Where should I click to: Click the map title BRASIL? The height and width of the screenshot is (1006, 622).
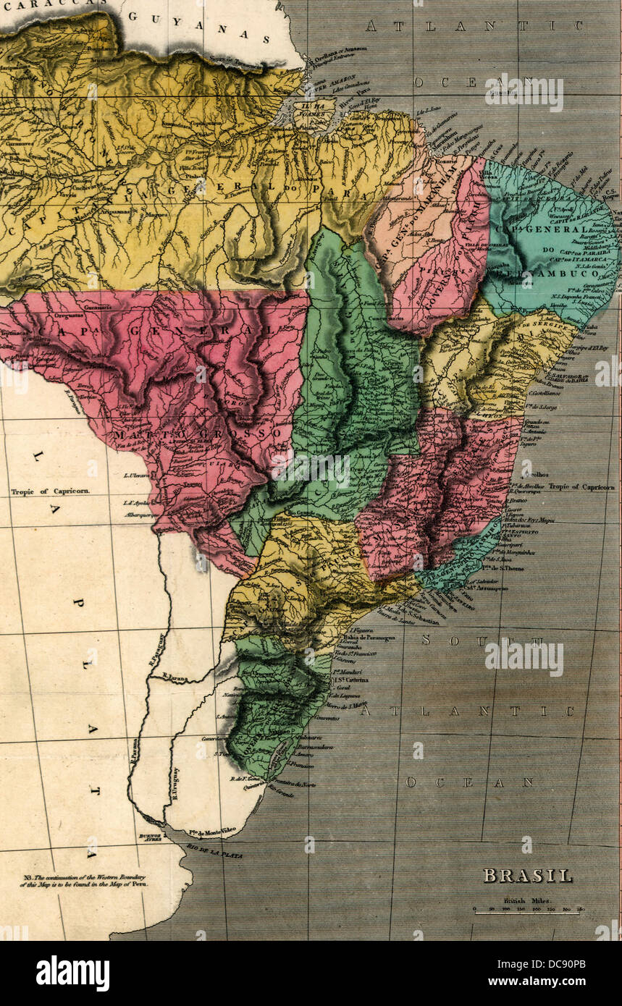(527, 876)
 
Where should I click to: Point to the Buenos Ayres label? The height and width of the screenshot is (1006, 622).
(146, 839)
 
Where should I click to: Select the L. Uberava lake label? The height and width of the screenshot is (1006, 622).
(137, 475)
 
